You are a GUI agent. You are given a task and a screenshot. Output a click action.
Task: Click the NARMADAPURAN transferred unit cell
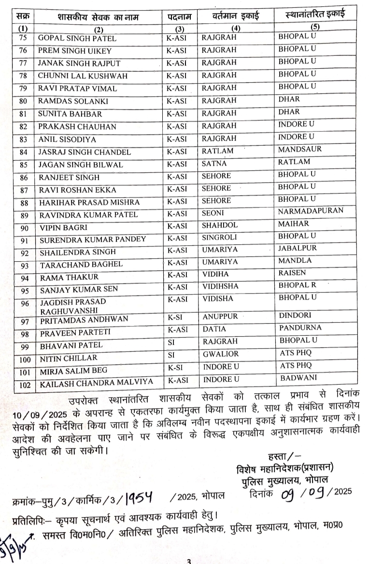pos(311,211)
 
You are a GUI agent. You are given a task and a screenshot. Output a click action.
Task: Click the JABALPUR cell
pos(298,248)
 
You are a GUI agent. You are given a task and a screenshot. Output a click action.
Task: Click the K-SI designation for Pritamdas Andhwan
pos(176,318)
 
